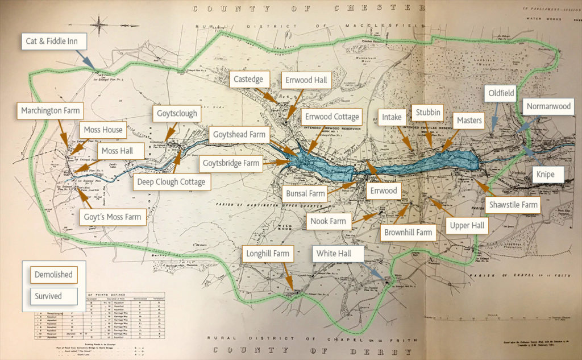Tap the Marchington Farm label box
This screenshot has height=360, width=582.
[x=51, y=110]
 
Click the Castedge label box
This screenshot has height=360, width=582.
[x=248, y=80]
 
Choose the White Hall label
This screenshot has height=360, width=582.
[x=338, y=253]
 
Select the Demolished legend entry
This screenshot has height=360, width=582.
[x=53, y=274]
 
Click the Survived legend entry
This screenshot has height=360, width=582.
[x=48, y=296]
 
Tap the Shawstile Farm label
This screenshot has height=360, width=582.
[x=513, y=205]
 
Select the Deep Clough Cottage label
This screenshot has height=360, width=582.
[x=172, y=182]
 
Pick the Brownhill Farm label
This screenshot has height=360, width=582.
[x=408, y=232]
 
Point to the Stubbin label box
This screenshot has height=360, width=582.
[x=427, y=113]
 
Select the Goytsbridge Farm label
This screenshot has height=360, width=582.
[x=232, y=163]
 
